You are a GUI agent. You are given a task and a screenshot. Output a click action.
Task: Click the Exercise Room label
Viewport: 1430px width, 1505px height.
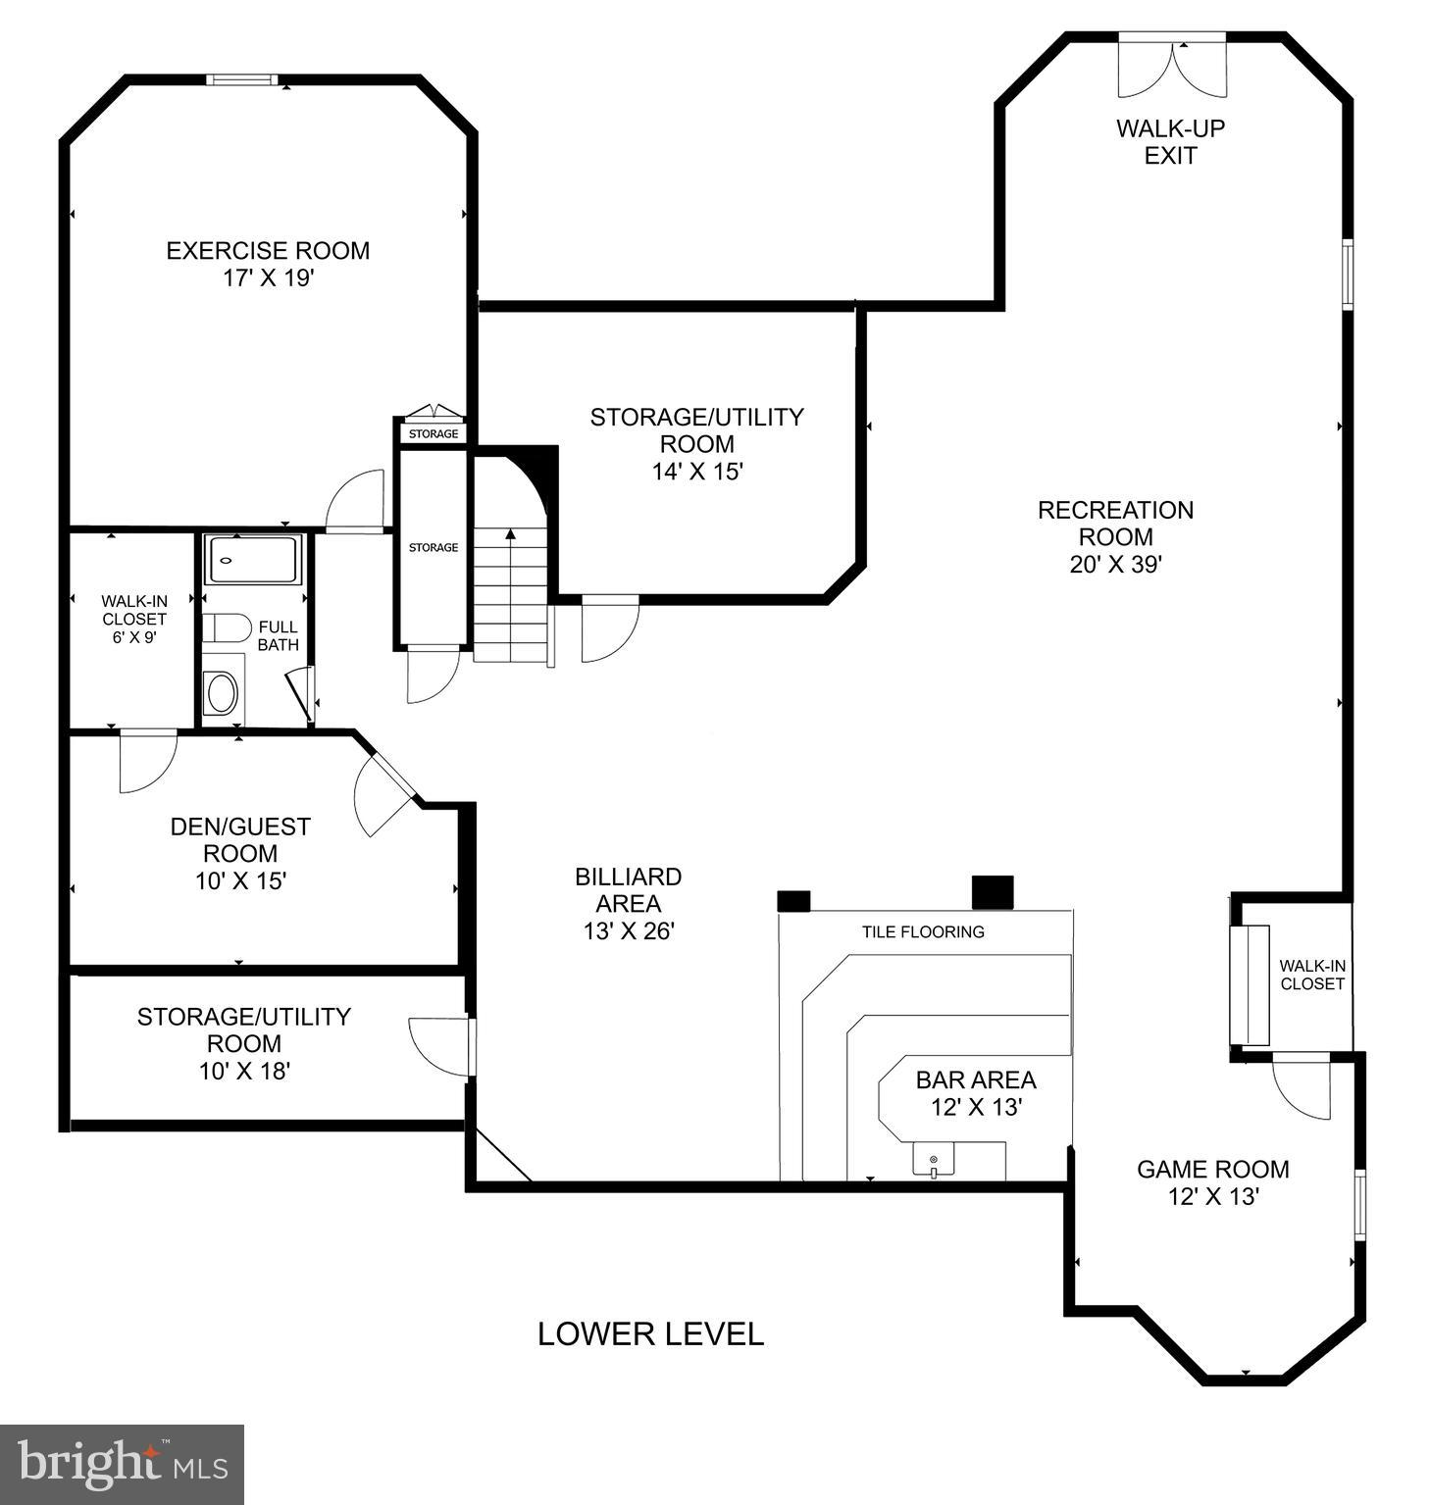click(268, 251)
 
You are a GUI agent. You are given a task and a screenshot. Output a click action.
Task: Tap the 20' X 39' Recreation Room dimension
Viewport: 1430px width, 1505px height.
click(1115, 565)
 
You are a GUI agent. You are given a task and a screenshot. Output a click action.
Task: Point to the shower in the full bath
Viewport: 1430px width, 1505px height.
click(252, 560)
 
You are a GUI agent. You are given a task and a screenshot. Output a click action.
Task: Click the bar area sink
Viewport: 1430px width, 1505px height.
click(933, 1162)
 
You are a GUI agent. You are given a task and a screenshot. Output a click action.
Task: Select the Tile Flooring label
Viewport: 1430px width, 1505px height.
click(923, 931)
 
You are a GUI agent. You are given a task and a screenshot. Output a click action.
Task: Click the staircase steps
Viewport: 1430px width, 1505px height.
click(510, 598)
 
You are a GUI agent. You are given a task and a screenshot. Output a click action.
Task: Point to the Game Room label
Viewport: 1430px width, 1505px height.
click(1212, 1169)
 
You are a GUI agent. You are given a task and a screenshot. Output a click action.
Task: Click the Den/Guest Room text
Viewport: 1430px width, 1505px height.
click(240, 839)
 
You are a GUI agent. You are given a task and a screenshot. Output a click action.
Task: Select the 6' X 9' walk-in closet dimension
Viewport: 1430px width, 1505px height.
click(133, 636)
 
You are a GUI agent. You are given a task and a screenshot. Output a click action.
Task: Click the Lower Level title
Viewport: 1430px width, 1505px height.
click(650, 1333)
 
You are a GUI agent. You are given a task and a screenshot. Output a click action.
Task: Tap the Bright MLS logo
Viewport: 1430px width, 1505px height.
click(122, 1464)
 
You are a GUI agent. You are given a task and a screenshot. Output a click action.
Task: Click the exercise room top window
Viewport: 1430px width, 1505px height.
click(241, 80)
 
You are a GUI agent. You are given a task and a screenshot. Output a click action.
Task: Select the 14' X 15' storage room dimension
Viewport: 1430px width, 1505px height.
click(696, 472)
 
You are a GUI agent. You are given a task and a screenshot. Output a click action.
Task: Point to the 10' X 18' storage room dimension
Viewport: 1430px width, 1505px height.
click(244, 1071)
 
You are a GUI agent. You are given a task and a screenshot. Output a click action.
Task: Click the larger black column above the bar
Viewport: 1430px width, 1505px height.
click(992, 892)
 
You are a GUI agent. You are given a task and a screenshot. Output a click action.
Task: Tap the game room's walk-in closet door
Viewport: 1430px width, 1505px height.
click(1302, 1086)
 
